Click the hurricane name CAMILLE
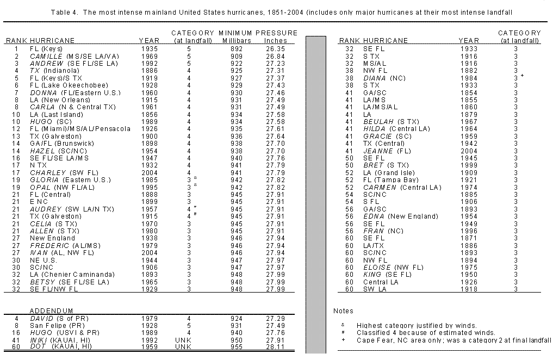(x=47, y=56)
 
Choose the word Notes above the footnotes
(x=343, y=310)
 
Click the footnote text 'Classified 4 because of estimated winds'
(x=426, y=332)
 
